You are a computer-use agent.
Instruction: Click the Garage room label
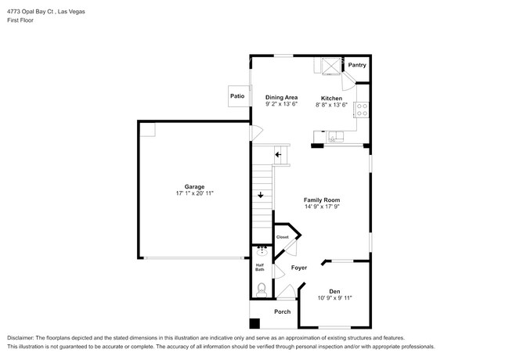tap(194, 186)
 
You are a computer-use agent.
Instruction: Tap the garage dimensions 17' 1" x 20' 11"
tap(194, 193)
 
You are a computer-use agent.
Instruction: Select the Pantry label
tap(357, 65)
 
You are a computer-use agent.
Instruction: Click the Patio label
tap(237, 96)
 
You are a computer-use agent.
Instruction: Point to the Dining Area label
tap(281, 97)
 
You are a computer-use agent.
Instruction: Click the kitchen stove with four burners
tap(363, 110)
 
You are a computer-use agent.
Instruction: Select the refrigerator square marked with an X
tap(330, 66)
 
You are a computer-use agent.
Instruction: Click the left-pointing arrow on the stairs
tap(278, 154)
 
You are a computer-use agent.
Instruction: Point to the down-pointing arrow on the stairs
tap(260, 195)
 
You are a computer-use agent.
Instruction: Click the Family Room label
tap(322, 200)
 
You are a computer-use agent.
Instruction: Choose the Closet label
tap(282, 237)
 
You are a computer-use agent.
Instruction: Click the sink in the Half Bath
tap(261, 252)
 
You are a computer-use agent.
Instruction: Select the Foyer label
tap(299, 268)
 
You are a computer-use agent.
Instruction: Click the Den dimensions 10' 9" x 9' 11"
tap(335, 298)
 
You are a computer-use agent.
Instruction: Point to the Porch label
tap(282, 311)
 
